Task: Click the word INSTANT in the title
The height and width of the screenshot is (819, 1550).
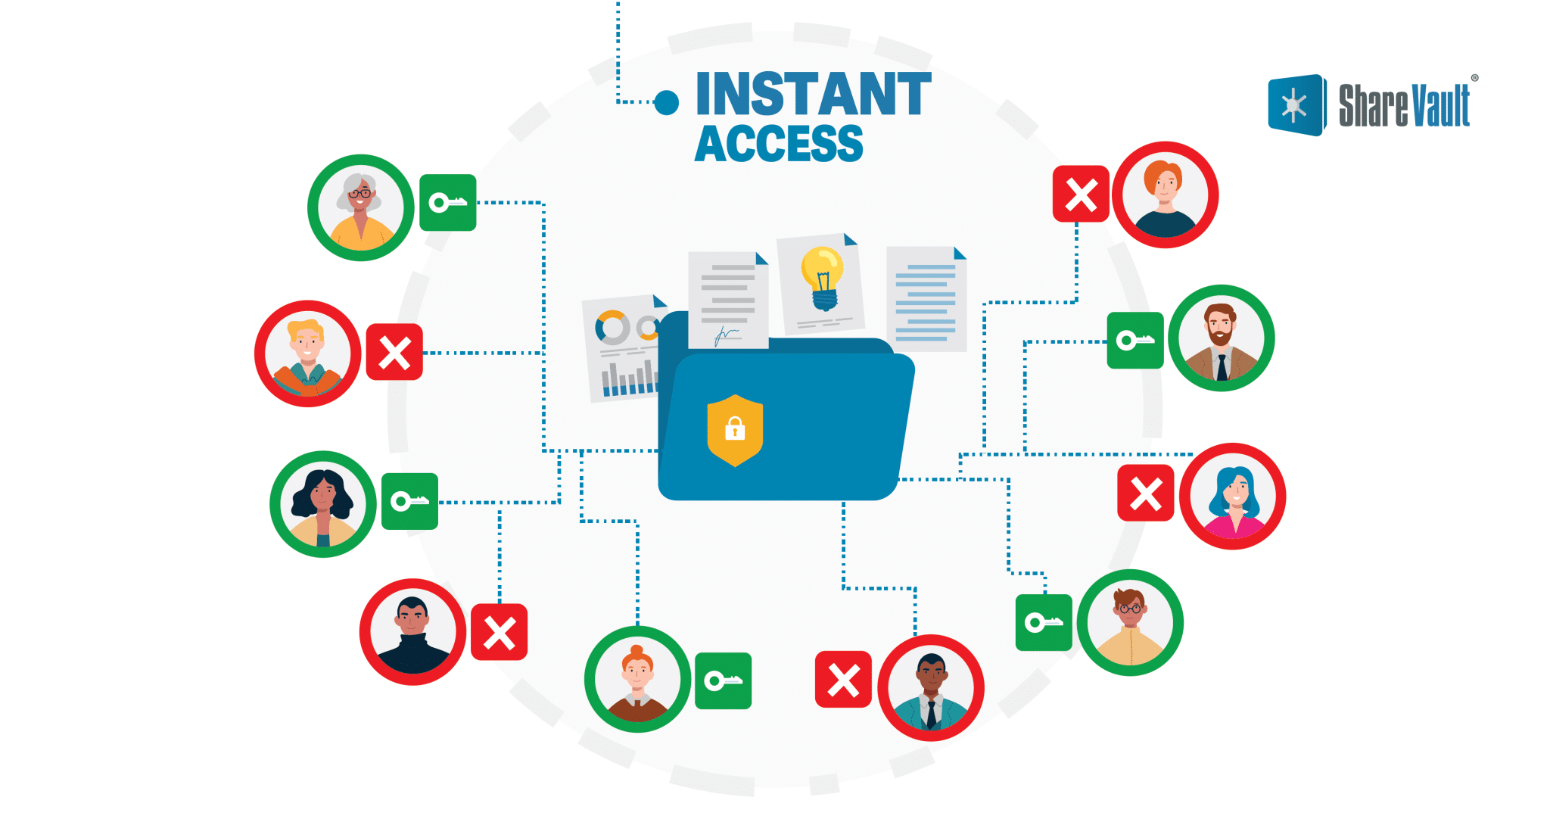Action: coord(813,95)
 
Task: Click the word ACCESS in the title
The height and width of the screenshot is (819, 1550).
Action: coord(779,144)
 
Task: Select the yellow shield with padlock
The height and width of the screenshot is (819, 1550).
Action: coord(735,430)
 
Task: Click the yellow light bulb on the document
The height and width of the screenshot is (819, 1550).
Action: coord(822,277)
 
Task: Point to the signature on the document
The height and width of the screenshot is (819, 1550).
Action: coord(726,334)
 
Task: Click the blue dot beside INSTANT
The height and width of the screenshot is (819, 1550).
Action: coord(666,102)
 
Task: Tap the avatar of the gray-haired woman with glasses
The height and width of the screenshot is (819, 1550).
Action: coord(361,208)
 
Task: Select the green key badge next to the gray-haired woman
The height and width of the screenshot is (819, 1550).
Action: coord(448,203)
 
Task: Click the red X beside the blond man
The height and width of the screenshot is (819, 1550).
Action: coord(394,352)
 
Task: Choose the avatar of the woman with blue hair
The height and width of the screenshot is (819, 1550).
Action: coord(1232,497)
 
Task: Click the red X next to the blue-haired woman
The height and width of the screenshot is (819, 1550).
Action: coord(1146,494)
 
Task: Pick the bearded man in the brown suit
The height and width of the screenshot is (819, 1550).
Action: coord(1221,338)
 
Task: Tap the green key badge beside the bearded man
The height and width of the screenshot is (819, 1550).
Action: coord(1135,341)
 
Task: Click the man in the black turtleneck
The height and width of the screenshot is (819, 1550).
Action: coord(412,632)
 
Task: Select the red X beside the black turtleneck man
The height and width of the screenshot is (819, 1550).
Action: coord(500,632)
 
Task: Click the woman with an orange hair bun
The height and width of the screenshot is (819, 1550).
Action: coord(637,679)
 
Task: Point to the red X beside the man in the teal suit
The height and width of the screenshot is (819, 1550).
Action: coord(843,680)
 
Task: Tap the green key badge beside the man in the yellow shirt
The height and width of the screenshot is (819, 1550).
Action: coord(1044,622)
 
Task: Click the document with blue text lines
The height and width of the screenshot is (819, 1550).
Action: coord(926,299)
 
